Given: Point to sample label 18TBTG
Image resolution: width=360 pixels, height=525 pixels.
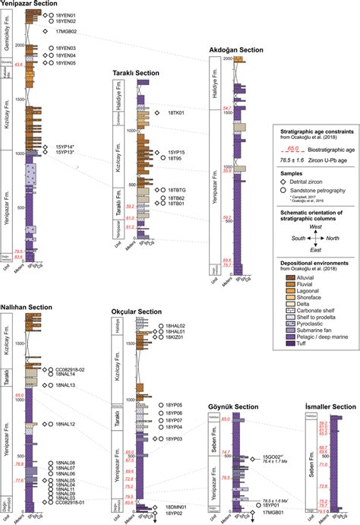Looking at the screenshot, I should point(180,189).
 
